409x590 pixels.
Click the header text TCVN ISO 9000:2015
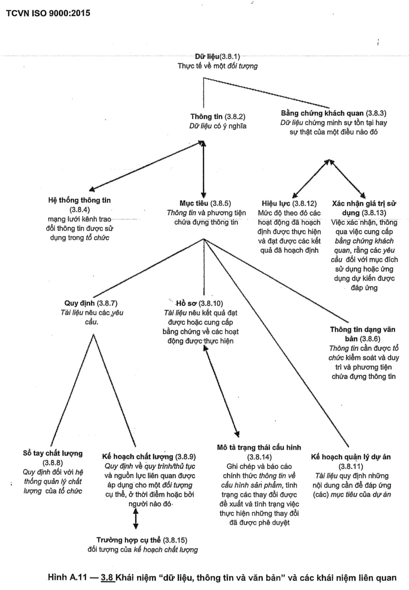tap(48, 13)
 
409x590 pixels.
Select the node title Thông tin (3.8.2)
tap(218, 117)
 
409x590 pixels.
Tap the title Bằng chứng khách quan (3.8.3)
tap(334, 113)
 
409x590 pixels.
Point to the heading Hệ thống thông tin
tap(79, 200)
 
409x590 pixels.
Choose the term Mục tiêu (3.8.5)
tap(205, 203)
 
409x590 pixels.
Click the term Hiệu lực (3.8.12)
tap(289, 203)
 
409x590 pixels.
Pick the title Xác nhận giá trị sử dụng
tap(364, 208)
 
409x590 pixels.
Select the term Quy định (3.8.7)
tap(91, 303)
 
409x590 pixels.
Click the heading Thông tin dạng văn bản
tap(362, 334)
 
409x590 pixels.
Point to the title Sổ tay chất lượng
tap(53, 453)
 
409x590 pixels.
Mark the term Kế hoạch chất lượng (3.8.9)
tap(149, 457)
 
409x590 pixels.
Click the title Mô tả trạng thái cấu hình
tap(259, 448)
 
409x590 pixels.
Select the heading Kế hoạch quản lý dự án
tap(351, 457)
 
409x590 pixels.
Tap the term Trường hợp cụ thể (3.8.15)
tap(142, 540)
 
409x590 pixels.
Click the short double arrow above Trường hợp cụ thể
tap(135, 519)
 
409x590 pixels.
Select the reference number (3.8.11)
tap(351, 466)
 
